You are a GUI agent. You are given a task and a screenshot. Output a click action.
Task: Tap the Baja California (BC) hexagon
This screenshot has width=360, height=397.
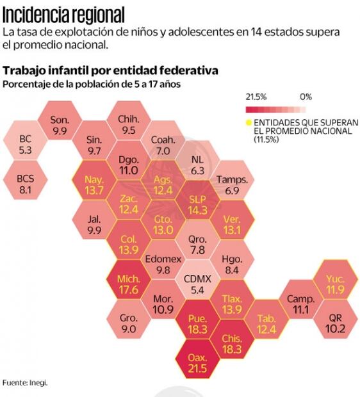(x=26, y=143)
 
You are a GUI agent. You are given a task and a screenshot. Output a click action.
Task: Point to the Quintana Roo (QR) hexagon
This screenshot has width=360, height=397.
(x=336, y=323)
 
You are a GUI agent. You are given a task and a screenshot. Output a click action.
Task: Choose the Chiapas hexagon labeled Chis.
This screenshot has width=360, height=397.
(x=231, y=344)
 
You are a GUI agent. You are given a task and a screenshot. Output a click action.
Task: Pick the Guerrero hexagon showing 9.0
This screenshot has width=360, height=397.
(x=128, y=324)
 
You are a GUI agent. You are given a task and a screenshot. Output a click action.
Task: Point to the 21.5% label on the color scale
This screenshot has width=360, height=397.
(x=256, y=97)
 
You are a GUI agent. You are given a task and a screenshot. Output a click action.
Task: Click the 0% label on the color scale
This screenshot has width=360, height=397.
(x=305, y=97)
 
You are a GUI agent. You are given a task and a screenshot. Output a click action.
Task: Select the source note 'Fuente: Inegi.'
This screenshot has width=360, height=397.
(x=25, y=382)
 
